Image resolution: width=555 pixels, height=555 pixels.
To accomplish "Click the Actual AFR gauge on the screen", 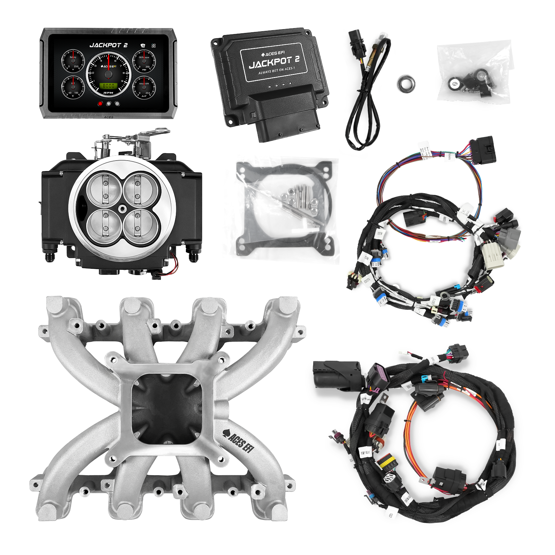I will click(x=144, y=87).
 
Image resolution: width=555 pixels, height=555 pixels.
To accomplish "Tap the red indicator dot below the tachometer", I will click(x=100, y=103).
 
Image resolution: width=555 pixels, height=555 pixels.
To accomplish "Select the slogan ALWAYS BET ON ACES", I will click(x=276, y=73).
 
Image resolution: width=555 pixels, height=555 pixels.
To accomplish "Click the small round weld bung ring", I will click(x=407, y=84).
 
